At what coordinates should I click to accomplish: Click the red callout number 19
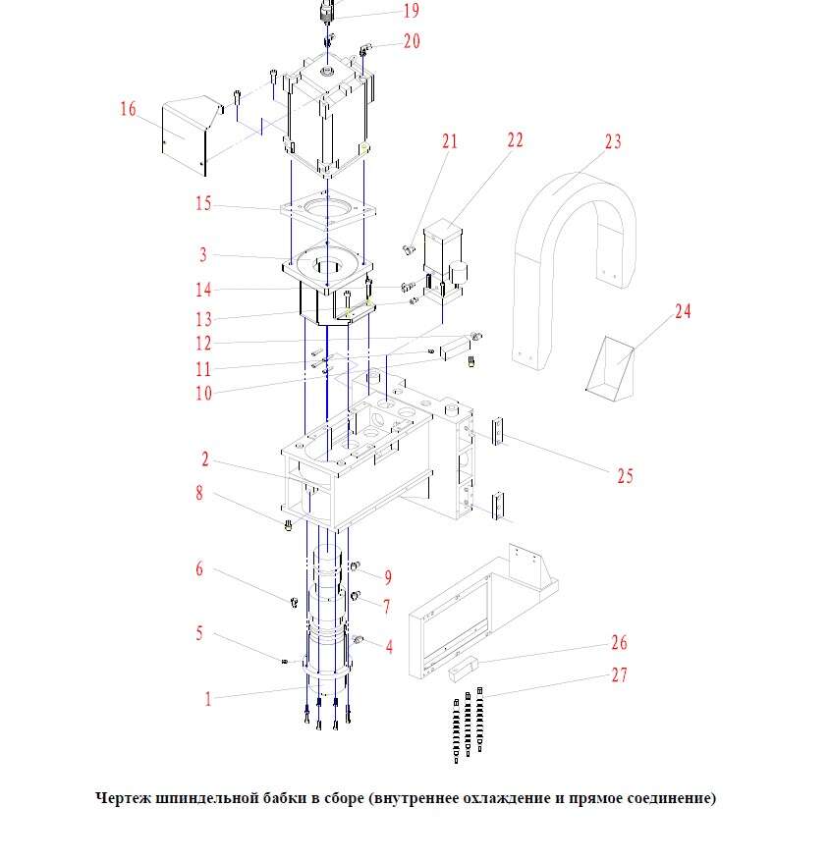tap(411, 11)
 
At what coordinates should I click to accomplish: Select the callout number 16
tap(129, 109)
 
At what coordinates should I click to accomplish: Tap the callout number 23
tap(613, 141)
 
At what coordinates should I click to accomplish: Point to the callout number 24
tap(683, 311)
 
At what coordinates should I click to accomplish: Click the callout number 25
tap(625, 476)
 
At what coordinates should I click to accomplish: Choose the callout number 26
tap(619, 643)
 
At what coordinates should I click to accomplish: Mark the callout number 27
tap(619, 675)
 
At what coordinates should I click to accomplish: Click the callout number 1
tap(208, 699)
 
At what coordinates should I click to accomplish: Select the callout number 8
tap(199, 493)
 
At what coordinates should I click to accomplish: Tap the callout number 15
tap(203, 204)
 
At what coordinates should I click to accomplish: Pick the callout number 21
tap(450, 141)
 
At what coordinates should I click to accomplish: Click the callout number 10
tap(203, 394)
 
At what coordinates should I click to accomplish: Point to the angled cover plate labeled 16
tap(187, 137)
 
